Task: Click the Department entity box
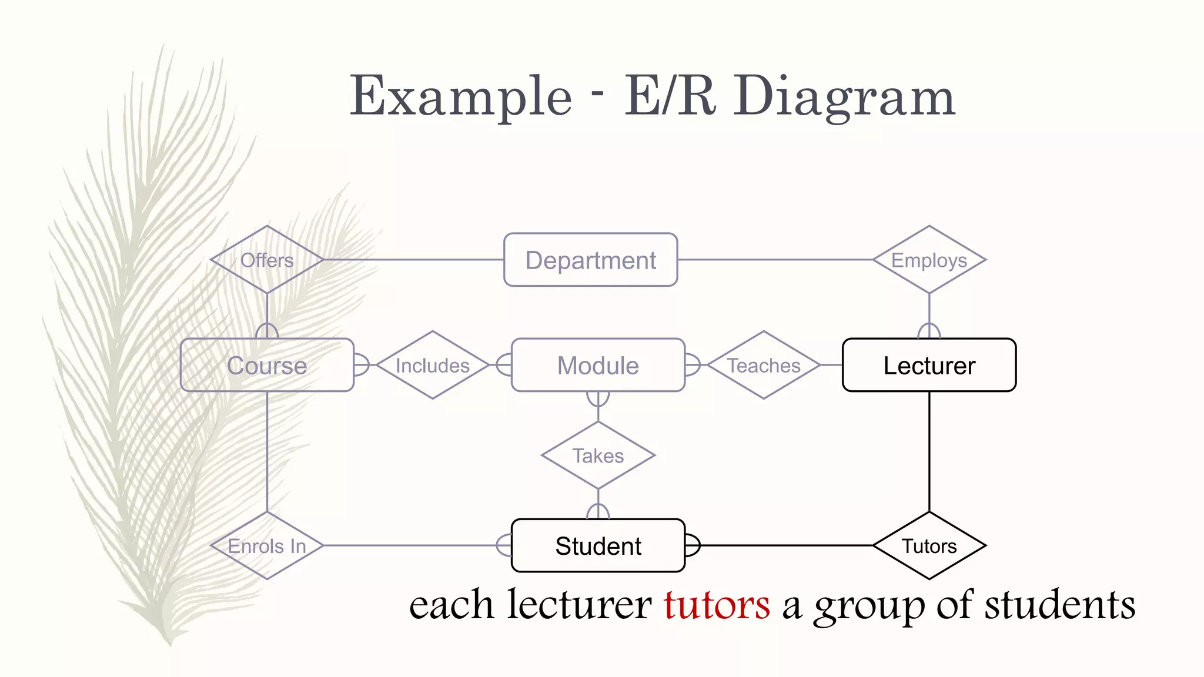click(x=590, y=260)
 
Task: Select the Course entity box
click(x=267, y=365)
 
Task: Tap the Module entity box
click(x=598, y=365)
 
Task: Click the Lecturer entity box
click(x=929, y=365)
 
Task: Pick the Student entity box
click(x=598, y=545)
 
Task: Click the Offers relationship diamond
click(x=267, y=260)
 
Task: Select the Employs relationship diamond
click(x=929, y=260)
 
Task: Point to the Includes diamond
click(x=433, y=365)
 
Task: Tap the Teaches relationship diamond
click(x=764, y=365)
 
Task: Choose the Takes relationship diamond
click(x=598, y=455)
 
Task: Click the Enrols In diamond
click(x=267, y=545)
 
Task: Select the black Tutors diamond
click(x=929, y=545)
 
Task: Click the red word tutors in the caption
click(x=717, y=605)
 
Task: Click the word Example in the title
click(x=460, y=97)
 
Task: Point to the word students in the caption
click(x=1059, y=605)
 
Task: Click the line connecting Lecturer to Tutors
click(x=929, y=453)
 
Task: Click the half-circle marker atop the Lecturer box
click(x=929, y=331)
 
